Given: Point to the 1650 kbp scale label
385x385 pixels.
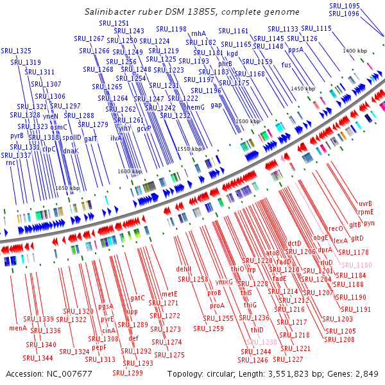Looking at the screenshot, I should pos(67,188).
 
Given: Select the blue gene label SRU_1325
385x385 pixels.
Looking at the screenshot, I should pos(16,51).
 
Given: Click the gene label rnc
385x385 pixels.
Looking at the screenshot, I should pos(10,162).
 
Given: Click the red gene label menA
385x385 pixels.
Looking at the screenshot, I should pos(17,328).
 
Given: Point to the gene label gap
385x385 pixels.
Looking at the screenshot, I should pos(216,105).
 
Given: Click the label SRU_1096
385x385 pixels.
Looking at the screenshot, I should pos(344,13).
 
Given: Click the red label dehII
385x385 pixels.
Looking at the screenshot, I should pos(184,269).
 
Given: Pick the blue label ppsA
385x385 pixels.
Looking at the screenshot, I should pos(296,49).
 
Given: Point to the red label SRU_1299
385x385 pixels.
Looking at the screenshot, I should pos(128,373).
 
